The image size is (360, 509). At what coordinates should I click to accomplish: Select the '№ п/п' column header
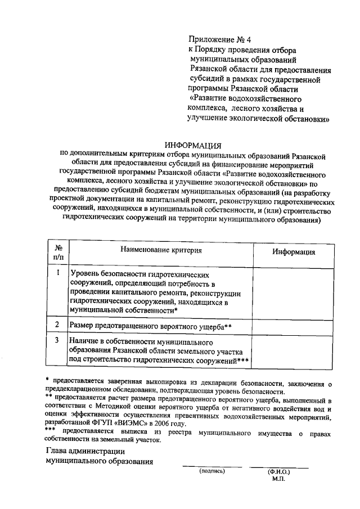58,252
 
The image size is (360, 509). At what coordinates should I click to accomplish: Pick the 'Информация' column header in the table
294,252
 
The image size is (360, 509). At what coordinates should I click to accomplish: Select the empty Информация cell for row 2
294,326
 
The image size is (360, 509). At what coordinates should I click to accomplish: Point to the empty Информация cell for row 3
294,351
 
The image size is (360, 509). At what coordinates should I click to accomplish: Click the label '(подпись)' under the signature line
211,471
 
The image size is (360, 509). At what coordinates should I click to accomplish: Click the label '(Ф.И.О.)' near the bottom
278,472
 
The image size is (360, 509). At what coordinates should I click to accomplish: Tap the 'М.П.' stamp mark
278,479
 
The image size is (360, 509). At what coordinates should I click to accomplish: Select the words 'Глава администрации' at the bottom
85,451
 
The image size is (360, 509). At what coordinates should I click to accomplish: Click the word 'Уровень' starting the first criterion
84,274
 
